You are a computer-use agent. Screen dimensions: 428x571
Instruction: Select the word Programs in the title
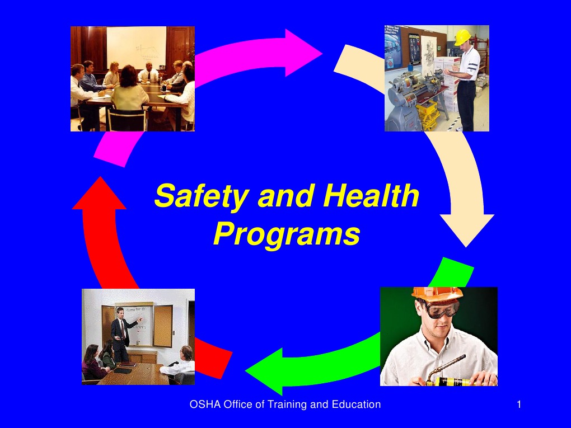coord(286,234)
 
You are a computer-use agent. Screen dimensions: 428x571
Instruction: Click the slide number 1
coord(519,405)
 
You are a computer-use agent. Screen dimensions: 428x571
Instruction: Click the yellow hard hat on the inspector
coord(462,37)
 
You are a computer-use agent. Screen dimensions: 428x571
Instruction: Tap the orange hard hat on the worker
coord(437,294)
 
